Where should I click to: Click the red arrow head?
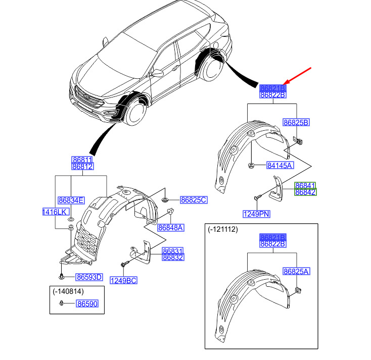tap(286, 83)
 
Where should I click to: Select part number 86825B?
tap(296, 123)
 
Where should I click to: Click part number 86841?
tap(305, 185)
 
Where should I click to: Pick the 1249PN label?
tap(256, 214)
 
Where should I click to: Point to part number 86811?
tap(82, 160)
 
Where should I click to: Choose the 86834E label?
tap(71, 200)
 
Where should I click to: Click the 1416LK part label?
tap(55, 212)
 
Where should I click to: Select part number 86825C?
tap(193, 200)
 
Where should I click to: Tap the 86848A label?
tap(170, 228)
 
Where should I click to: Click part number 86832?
tap(173, 257)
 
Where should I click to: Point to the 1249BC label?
tap(124, 280)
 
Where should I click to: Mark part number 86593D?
tap(89, 277)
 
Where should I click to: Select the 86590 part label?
tap(87, 303)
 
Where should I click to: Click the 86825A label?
tap(296, 272)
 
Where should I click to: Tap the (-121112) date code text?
tap(222, 229)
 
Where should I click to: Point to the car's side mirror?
tap(157, 73)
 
